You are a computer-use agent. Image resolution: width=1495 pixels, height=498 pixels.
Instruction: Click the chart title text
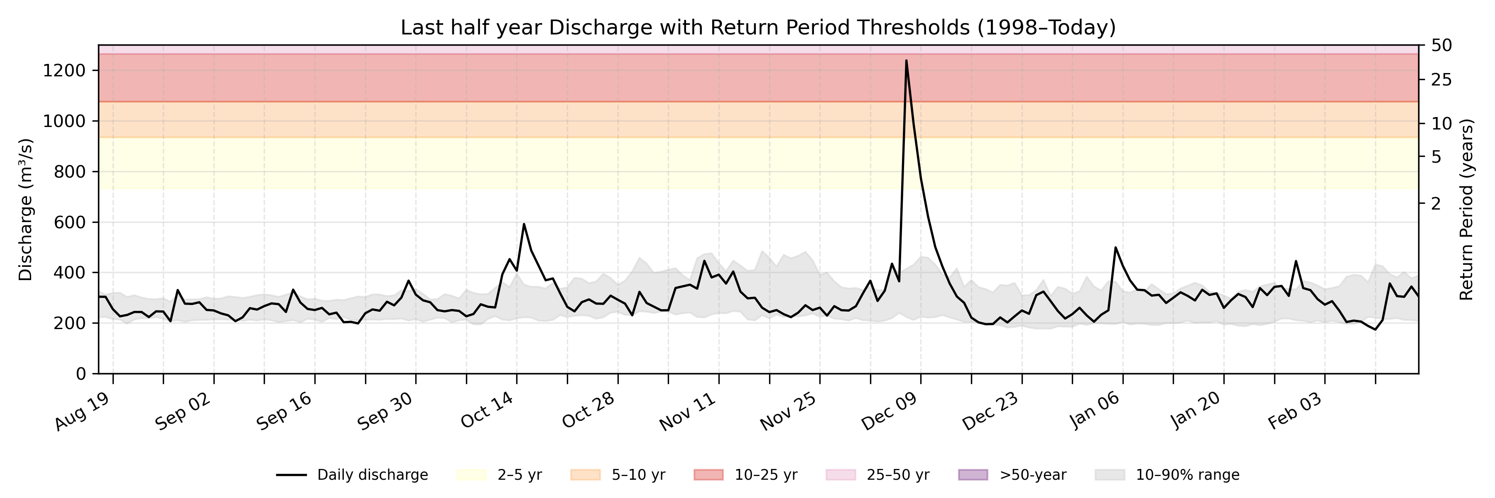pyautogui.click(x=758, y=27)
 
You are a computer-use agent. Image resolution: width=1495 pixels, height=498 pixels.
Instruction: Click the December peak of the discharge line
pyautogui.click(x=906, y=61)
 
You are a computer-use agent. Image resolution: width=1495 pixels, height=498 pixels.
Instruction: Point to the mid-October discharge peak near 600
pyautogui.click(x=524, y=225)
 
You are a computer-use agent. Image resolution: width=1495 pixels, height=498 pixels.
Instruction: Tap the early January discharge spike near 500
pyautogui.click(x=1115, y=248)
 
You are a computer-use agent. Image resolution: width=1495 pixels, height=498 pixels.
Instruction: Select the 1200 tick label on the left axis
pyautogui.click(x=64, y=71)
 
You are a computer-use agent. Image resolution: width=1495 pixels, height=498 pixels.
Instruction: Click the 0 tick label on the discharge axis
pyautogui.click(x=81, y=374)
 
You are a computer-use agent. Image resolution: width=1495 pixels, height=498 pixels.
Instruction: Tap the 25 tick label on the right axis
pyautogui.click(x=1441, y=80)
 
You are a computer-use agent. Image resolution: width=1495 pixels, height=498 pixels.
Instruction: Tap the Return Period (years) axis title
pyautogui.click(x=1467, y=209)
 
